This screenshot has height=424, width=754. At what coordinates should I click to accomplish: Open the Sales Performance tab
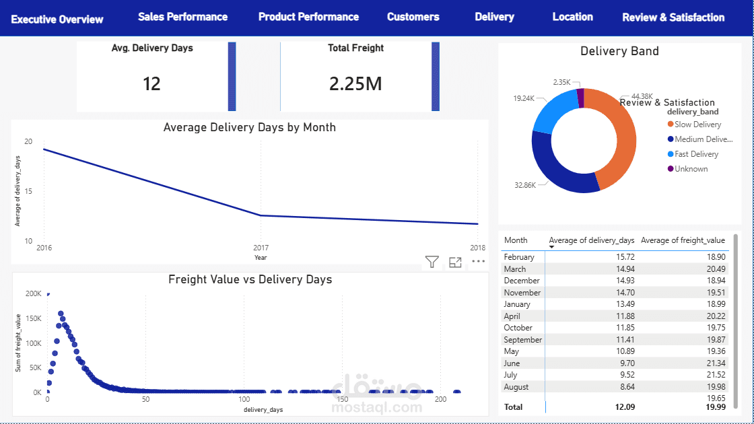pyautogui.click(x=182, y=17)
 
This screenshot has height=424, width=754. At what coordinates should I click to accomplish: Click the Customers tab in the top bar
pyautogui.click(x=413, y=17)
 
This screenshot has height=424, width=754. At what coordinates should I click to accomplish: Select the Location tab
pyautogui.click(x=572, y=17)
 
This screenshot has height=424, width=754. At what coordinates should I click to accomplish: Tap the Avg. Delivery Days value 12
pyautogui.click(x=151, y=83)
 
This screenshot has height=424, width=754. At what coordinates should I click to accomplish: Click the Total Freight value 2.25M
pyautogui.click(x=355, y=83)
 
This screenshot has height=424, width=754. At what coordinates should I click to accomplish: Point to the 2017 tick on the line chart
pyautogui.click(x=261, y=248)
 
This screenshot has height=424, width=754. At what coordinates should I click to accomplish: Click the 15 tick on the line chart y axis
pyautogui.click(x=28, y=191)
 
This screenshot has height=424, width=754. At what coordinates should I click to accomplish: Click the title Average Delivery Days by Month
pyautogui.click(x=250, y=127)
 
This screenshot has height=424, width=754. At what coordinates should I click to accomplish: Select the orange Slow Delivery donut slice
pyautogui.click(x=623, y=139)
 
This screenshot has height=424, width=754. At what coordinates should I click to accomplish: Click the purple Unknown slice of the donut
pyautogui.click(x=580, y=98)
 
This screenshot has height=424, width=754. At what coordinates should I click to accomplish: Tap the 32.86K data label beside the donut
pyautogui.click(x=525, y=185)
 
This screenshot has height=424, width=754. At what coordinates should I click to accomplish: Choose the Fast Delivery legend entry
pyautogui.click(x=693, y=154)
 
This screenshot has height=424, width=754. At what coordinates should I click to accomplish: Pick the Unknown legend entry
pyautogui.click(x=687, y=169)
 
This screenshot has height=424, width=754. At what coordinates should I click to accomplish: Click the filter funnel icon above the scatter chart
pyautogui.click(x=432, y=262)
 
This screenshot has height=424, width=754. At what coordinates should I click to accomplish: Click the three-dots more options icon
pyautogui.click(x=479, y=261)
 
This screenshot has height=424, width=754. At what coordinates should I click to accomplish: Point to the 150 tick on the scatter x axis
pyautogui.click(x=343, y=399)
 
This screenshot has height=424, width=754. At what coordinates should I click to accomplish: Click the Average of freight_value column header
pyautogui.click(x=683, y=240)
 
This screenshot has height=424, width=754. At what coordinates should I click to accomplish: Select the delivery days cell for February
pyautogui.click(x=625, y=257)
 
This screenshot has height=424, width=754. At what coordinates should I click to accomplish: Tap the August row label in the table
pyautogui.click(x=516, y=387)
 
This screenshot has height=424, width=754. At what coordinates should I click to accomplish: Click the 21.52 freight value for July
pyautogui.click(x=716, y=375)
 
